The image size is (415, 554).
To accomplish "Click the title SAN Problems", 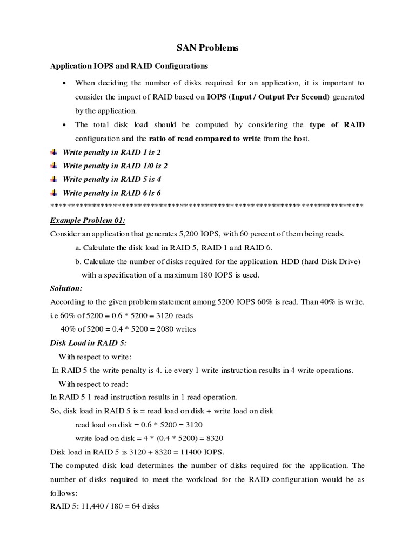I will pyautogui.click(x=207, y=49).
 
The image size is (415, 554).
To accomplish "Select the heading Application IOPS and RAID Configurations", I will pyautogui.click(x=129, y=67).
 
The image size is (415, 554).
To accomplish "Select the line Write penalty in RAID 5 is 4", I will pyautogui.click(x=112, y=180).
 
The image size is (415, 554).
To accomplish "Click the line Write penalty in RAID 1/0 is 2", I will pyautogui.click(x=115, y=166).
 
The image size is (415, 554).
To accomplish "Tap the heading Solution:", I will pyautogui.click(x=66, y=288).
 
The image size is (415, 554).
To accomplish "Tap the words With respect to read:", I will pyautogui.click(x=93, y=384).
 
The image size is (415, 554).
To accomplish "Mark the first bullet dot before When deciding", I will pyautogui.click(x=65, y=83).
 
